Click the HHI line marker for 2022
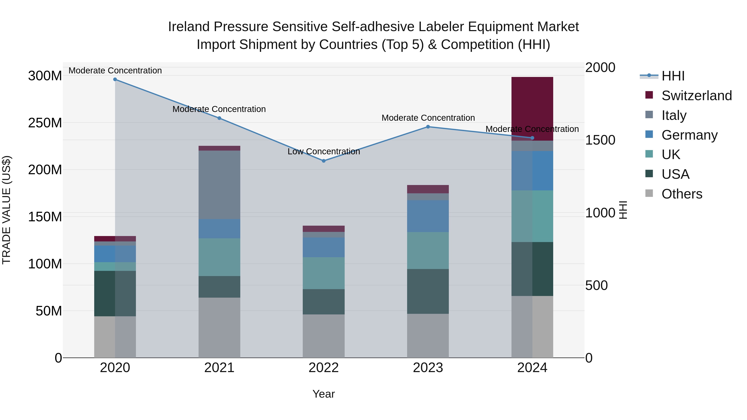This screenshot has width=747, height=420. click(x=324, y=161)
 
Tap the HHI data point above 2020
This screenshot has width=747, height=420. click(x=115, y=79)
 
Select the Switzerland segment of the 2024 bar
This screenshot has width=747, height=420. click(x=532, y=107)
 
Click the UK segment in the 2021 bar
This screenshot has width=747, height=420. click(x=219, y=257)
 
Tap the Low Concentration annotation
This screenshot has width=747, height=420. click(x=324, y=152)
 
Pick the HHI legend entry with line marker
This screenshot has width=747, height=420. click(x=673, y=76)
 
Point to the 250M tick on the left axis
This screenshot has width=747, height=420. click(x=45, y=123)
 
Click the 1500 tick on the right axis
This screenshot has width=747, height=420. click(x=600, y=140)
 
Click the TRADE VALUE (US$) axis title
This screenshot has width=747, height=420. click(x=6, y=210)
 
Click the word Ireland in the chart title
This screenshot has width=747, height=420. click(x=189, y=27)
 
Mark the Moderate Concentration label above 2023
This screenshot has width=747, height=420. click(x=428, y=118)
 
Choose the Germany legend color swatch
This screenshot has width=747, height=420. click(x=649, y=134)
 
